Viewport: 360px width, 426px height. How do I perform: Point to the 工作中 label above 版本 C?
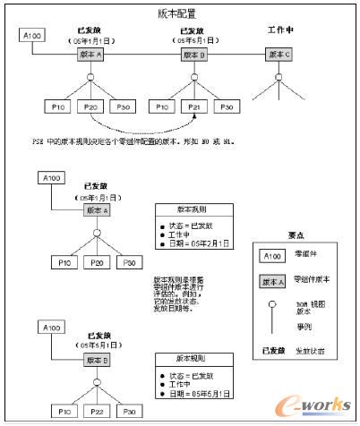[x=281, y=30]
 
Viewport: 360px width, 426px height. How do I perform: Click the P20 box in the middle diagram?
[x=98, y=262]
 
